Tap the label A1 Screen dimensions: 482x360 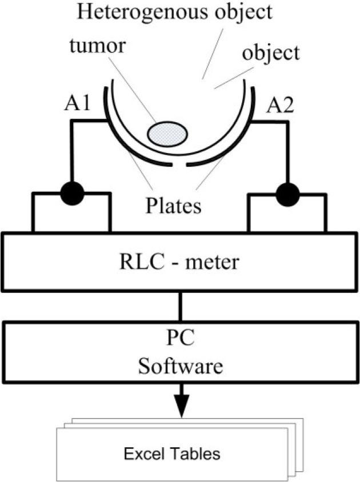click(75, 105)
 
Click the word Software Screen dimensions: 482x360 click(181, 366)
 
